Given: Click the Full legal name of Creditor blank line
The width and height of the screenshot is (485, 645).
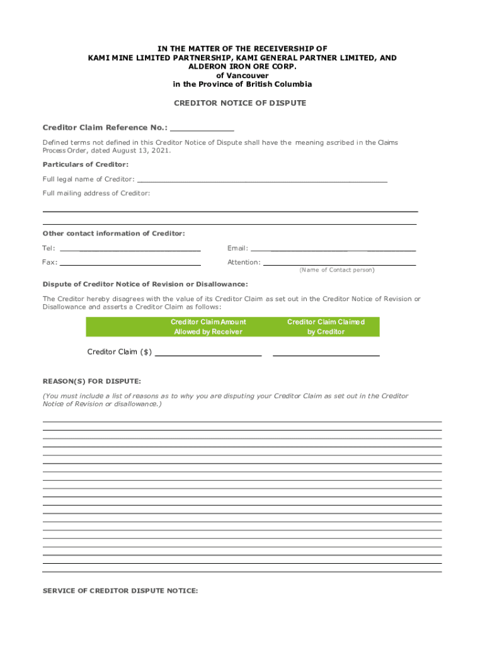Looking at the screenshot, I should point(262,180).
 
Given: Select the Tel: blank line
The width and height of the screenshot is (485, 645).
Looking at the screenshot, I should point(130,249).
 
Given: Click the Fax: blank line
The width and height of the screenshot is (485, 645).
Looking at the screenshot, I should point(130,263).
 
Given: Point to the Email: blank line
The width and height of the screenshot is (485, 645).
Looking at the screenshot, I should point(334,249).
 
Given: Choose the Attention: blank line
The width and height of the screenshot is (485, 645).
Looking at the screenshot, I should point(339,263).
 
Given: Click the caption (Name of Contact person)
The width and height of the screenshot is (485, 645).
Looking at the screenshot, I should point(337,270).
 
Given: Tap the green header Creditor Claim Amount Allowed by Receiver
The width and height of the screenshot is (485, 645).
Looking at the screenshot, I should point(208,326).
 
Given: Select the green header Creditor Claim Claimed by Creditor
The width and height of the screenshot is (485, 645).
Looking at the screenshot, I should point(326,326).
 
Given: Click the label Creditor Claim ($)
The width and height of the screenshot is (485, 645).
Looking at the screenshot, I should point(119,352).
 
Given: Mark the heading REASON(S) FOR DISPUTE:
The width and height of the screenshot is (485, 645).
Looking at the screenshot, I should point(91,382).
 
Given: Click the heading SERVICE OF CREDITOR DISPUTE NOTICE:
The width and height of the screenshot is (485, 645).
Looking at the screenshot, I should point(120,591).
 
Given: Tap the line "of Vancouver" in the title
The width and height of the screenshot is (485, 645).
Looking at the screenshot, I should point(243,75).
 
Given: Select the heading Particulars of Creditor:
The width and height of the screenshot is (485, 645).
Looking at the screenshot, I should point(85,164).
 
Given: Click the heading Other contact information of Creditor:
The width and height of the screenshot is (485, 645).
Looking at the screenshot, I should point(113,234).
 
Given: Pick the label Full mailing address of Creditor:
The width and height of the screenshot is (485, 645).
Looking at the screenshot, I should point(96,193).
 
